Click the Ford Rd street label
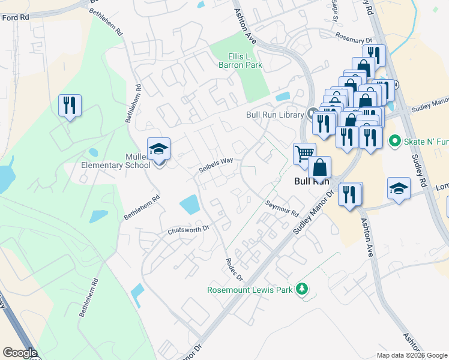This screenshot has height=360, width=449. (15, 18)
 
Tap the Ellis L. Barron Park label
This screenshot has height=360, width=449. (236, 61)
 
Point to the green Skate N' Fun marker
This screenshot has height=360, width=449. (394, 141)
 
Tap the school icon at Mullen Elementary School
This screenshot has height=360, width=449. (159, 149)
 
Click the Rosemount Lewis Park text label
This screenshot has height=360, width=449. (250, 290)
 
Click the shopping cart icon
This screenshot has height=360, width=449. (304, 153)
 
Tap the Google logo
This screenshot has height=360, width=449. (20, 353)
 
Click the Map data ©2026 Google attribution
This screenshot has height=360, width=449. (412, 355)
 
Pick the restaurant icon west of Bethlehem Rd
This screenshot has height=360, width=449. (70, 106)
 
